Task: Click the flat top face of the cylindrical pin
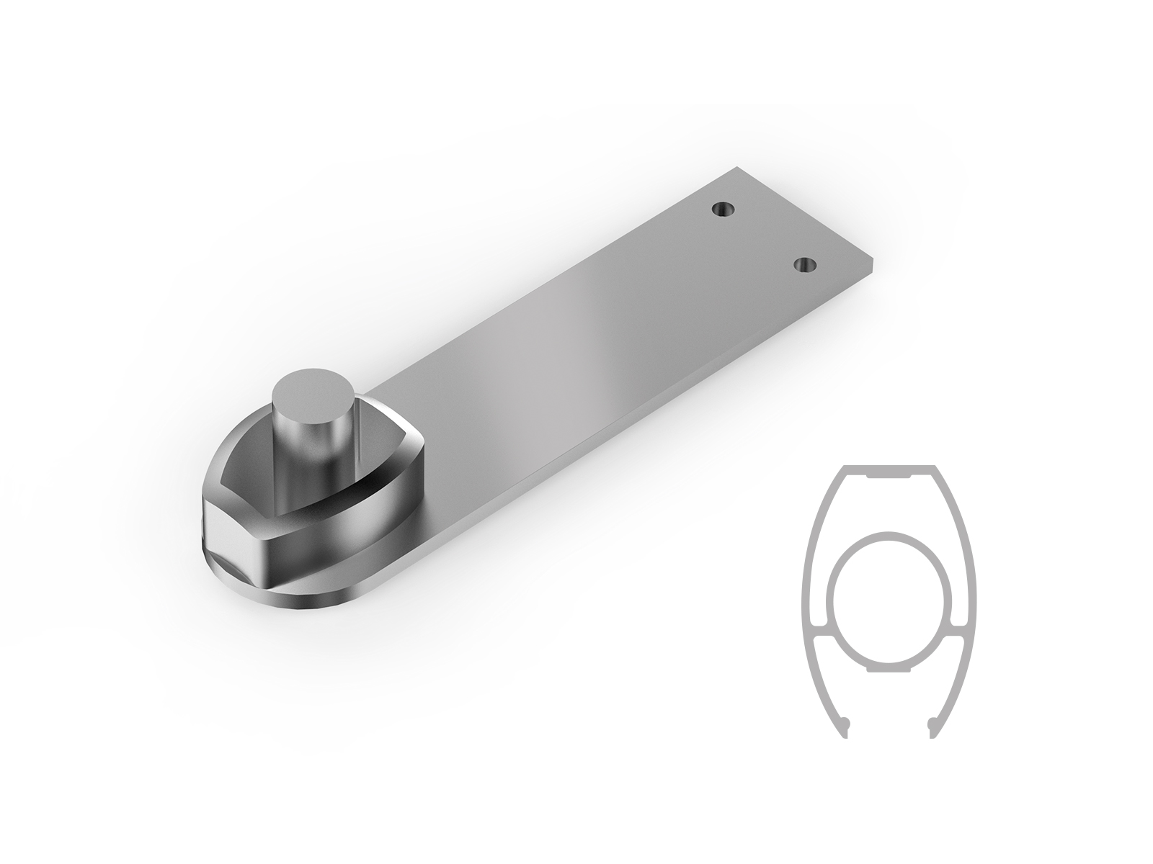pos(314,395)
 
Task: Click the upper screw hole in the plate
pos(722,210)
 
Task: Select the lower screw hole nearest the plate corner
pos(806,265)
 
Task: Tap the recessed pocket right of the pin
pos(382,461)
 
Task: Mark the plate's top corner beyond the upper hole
pos(738,170)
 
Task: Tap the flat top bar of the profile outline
pos(891,469)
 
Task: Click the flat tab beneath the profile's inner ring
pos(891,669)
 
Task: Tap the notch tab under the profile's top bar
pos(891,477)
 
